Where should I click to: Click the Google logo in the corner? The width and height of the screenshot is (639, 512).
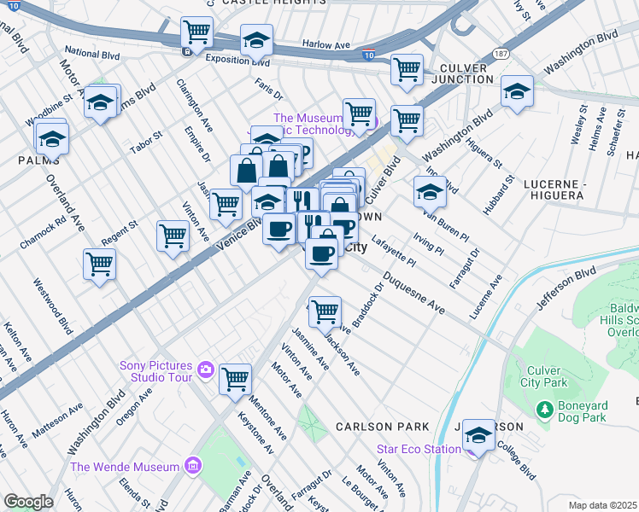[28, 502]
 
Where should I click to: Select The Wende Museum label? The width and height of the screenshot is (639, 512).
[125, 467]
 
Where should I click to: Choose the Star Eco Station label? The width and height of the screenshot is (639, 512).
[419, 450]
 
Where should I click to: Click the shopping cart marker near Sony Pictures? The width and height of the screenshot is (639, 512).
[235, 378]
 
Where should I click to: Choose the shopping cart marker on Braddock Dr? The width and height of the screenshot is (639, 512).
[325, 311]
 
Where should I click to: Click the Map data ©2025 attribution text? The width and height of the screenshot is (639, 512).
[603, 505]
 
